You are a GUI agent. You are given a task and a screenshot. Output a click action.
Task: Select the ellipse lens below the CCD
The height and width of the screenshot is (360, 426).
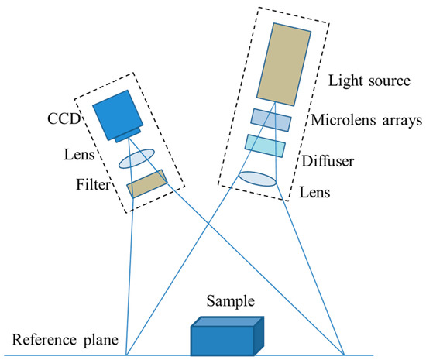(137, 159)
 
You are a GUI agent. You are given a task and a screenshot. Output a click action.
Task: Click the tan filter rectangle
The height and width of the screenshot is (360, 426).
(148, 184)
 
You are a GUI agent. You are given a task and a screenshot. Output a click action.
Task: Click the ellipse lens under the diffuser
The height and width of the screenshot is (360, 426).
(258, 178)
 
